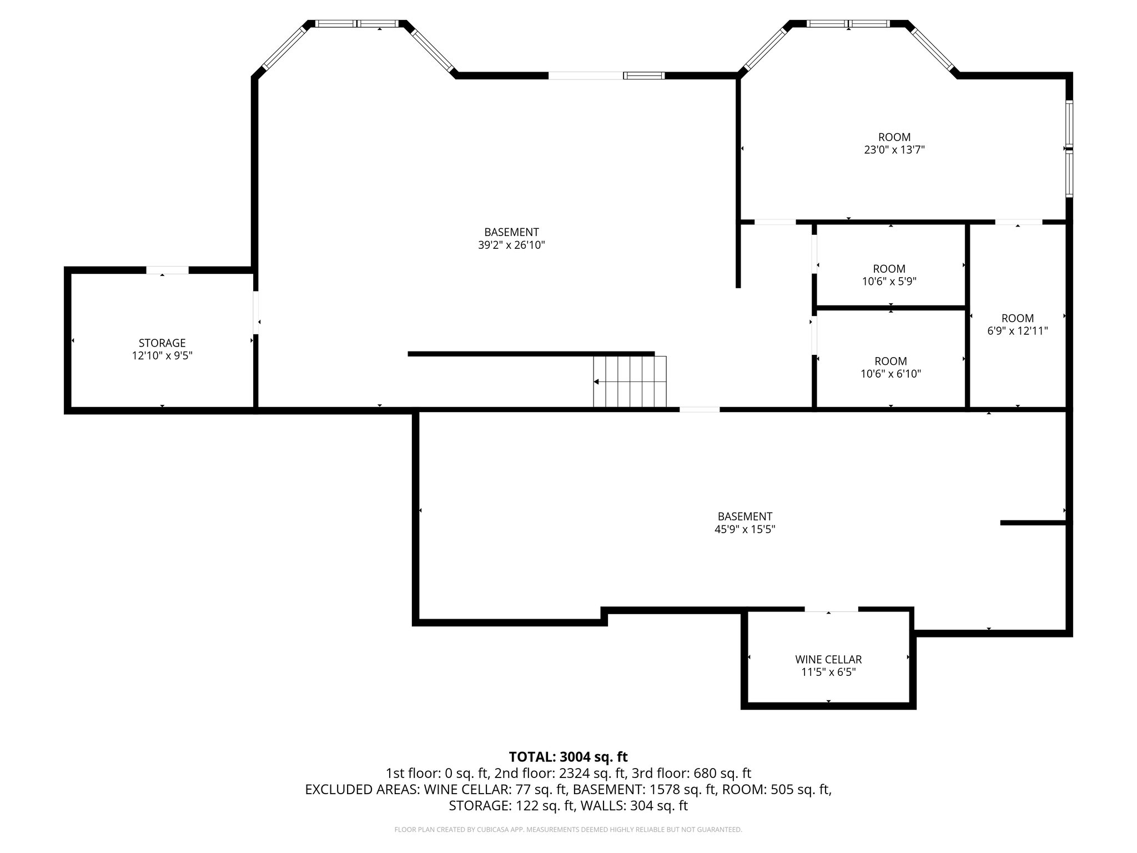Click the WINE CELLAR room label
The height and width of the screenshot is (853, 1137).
(x=828, y=659)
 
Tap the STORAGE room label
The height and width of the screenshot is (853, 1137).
(x=162, y=343)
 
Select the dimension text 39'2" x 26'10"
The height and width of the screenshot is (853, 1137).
(x=511, y=245)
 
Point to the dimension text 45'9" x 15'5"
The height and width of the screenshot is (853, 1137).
(x=744, y=529)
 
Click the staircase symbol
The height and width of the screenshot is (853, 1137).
(x=630, y=382)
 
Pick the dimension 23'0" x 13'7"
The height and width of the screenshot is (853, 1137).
(x=894, y=149)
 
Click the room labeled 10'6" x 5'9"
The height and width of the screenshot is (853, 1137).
(x=889, y=275)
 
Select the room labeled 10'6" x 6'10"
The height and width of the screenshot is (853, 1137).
(x=891, y=367)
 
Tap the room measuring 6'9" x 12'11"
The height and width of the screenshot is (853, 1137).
(x=1017, y=324)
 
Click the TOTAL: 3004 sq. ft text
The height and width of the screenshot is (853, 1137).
(x=568, y=756)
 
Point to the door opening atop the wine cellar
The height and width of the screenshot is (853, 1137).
(x=831, y=610)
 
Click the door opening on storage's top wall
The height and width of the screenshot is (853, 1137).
(x=167, y=270)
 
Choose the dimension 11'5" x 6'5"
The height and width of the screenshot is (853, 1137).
(x=828, y=672)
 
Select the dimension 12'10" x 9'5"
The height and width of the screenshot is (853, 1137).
(x=162, y=355)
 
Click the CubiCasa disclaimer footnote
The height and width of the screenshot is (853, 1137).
(x=568, y=830)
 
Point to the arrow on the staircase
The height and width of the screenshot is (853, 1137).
(x=596, y=382)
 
